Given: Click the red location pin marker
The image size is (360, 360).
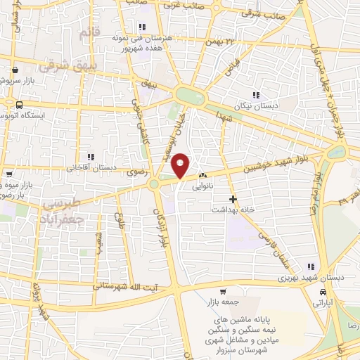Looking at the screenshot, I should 181,165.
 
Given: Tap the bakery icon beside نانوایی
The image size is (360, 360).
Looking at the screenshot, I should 203,175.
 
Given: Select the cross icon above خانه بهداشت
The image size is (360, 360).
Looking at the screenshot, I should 233,199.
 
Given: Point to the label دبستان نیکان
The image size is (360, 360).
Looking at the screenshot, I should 257,105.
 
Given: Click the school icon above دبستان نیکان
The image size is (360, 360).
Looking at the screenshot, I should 257,95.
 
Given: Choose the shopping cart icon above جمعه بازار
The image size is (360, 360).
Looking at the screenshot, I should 223,292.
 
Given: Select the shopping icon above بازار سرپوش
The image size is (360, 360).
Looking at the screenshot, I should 15,70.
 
